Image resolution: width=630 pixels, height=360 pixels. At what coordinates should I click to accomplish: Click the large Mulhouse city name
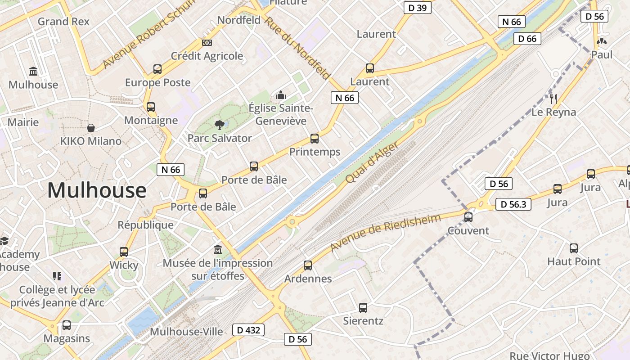tap(97, 190)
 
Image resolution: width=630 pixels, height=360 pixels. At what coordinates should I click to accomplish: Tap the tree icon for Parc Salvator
tap(220, 125)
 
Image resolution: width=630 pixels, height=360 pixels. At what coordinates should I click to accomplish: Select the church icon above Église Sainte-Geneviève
tap(281, 95)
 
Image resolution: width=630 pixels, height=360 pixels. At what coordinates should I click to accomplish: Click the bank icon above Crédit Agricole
tap(207, 43)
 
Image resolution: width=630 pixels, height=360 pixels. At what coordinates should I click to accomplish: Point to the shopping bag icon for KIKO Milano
tap(91, 128)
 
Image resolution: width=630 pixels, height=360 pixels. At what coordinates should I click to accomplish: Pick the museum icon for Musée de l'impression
tap(218, 249)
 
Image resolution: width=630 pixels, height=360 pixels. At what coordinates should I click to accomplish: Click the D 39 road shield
tap(417, 8)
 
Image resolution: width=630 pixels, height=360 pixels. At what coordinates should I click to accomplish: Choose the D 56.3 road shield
tap(513, 204)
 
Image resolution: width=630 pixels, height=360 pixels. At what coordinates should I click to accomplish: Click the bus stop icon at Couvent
tap(468, 217)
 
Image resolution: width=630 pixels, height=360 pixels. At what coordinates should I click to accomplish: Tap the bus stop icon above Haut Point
tap(574, 248)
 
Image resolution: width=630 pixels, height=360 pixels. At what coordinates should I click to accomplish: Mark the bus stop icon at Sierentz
tap(363, 308)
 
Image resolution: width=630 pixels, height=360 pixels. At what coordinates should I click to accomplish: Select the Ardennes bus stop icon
tap(308, 265)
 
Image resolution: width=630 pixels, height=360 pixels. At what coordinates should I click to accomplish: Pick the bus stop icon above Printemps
tap(315, 139)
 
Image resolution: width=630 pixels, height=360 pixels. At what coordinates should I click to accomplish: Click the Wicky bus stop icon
tap(124, 252)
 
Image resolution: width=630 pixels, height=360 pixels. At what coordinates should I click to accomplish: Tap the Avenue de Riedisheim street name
tap(385, 233)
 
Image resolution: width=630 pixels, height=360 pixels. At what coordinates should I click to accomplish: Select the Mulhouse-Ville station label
tap(186, 332)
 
